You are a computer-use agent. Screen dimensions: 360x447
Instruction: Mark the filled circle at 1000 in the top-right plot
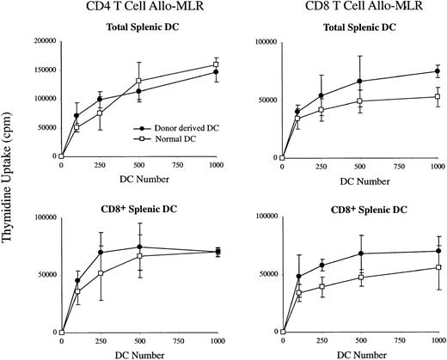pyautogui.click(x=438, y=71)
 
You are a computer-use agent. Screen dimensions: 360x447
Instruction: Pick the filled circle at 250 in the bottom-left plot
pyautogui.click(x=101, y=252)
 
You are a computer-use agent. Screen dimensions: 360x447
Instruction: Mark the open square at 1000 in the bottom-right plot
pyautogui.click(x=438, y=267)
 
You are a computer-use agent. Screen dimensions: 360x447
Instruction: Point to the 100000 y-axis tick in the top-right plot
pyautogui.click(x=261, y=40)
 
